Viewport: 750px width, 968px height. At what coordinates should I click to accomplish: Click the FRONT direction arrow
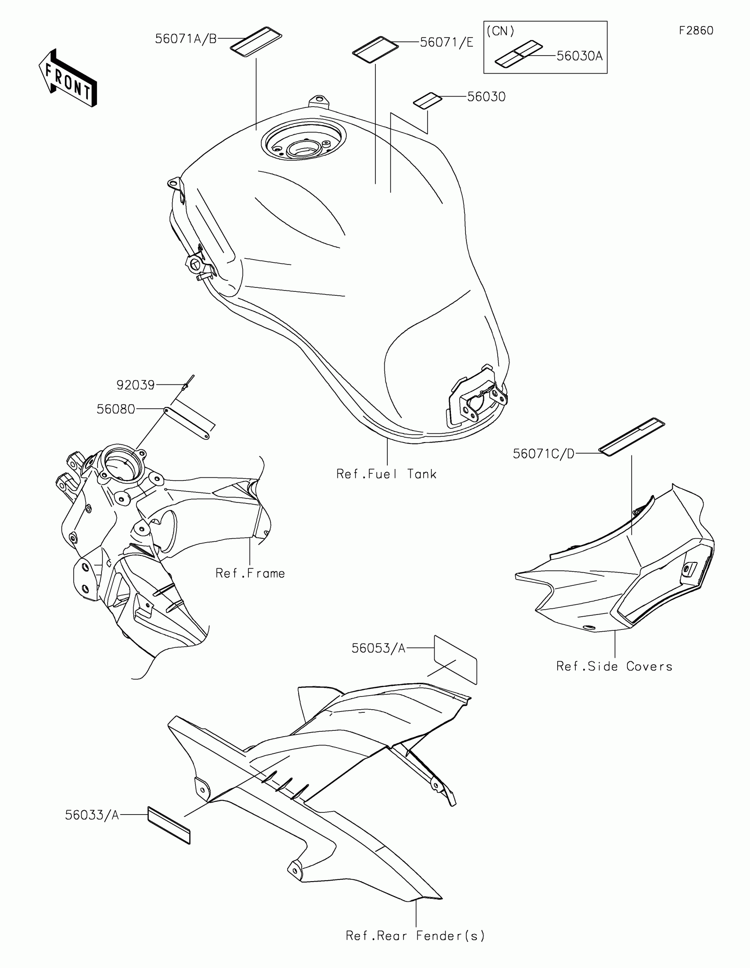point(68,78)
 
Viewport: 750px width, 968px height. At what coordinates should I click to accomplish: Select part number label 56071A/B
point(186,39)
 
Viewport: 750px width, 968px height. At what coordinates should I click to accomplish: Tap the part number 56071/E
point(446,43)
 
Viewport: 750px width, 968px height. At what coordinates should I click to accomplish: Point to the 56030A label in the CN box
point(579,56)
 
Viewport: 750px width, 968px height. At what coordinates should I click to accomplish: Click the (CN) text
point(500,31)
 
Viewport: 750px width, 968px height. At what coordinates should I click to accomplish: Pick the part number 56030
point(486,97)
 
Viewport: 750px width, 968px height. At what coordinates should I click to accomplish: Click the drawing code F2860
point(696,30)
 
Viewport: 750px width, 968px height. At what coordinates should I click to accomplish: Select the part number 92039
point(135,385)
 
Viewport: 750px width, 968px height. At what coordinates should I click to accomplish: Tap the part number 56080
point(116,409)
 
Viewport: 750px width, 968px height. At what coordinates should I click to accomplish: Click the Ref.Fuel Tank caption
point(386,474)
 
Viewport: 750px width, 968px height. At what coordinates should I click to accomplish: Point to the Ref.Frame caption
point(250,573)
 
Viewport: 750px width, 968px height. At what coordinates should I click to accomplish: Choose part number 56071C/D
point(544,454)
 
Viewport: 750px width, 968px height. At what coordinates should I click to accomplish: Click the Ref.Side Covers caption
point(614,666)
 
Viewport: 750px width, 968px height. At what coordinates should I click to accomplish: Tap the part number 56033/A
point(92,815)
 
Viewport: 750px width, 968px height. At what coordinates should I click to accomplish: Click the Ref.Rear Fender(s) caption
point(416,936)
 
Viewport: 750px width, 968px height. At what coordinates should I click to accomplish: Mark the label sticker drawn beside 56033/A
point(169,825)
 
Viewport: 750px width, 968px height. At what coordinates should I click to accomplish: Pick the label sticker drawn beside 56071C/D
point(632,436)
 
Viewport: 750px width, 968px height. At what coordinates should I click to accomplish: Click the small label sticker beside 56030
point(427,101)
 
